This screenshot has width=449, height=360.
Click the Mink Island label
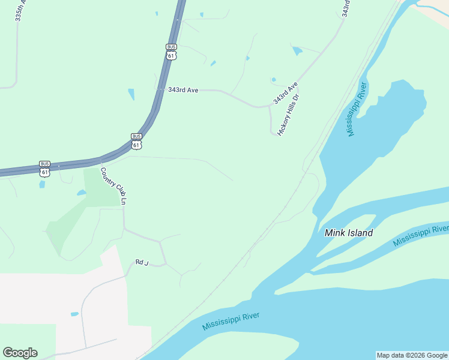[x=348, y=233]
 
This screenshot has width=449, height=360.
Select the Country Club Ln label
[x=114, y=186]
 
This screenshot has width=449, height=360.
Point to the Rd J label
[x=141, y=262]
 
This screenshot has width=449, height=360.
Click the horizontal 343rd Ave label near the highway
[x=183, y=90]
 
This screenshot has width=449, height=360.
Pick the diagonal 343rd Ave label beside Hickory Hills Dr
[x=285, y=94]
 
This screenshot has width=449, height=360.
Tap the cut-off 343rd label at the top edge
[x=346, y=8]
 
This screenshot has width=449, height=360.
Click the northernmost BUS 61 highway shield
[x=172, y=52]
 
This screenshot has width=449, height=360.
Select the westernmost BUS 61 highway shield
[x=44, y=169]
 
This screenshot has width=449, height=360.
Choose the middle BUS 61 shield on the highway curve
[x=136, y=141]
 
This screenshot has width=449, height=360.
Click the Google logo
[x=20, y=353]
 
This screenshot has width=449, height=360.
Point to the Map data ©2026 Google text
[x=412, y=355]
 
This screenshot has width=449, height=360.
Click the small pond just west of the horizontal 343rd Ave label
[x=131, y=94]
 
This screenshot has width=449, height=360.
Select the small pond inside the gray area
[x=74, y=314]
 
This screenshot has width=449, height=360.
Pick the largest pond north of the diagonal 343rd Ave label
[x=297, y=51]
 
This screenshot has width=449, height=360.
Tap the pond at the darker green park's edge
[x=81, y=193]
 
